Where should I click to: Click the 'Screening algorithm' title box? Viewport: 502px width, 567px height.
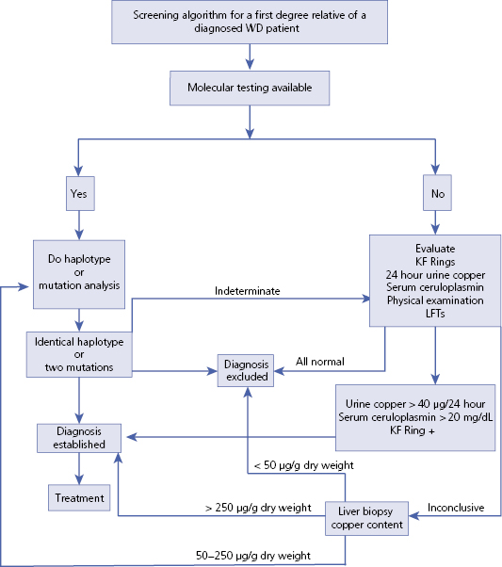(251, 22)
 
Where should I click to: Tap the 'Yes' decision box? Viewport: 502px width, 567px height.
(78, 194)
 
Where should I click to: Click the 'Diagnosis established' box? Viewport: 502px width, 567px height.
(78, 436)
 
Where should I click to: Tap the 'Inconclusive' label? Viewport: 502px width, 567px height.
(456, 508)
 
